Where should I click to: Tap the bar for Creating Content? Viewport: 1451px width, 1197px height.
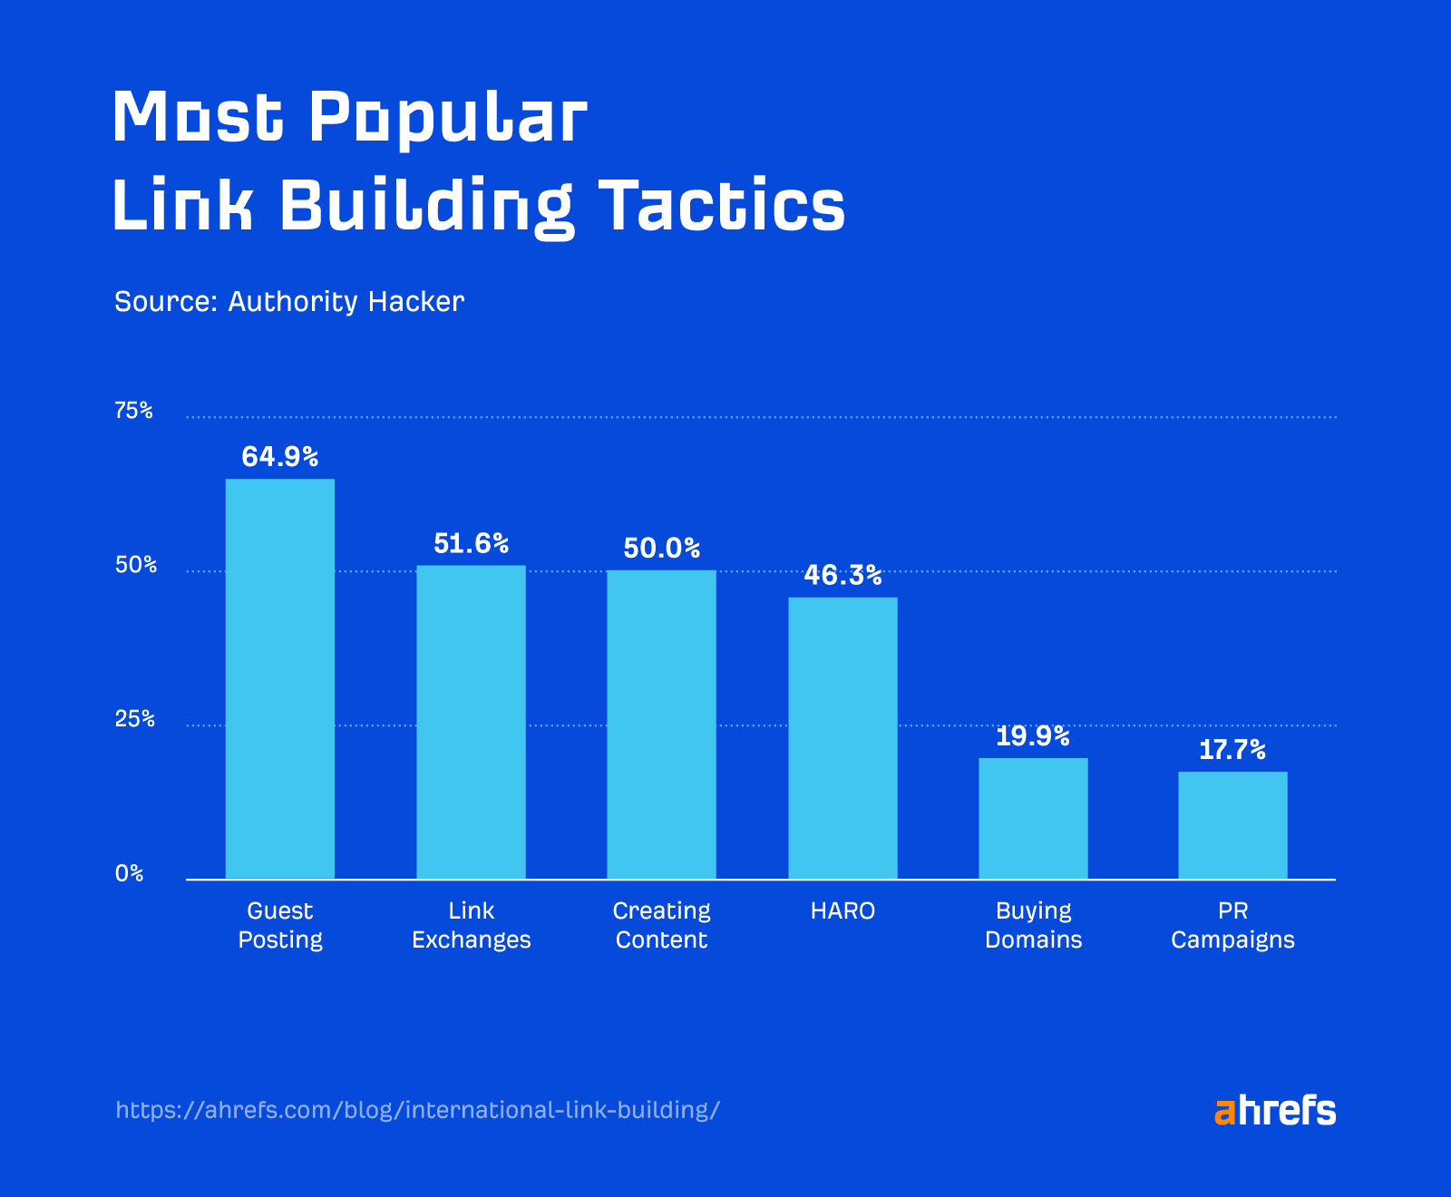pos(661,725)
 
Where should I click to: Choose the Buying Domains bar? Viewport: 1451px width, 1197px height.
pos(1033,818)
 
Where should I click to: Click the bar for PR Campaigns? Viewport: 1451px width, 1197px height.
pos(1232,825)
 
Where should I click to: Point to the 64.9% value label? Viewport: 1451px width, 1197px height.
pos(279,456)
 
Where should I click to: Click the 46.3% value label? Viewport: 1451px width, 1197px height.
pos(842,575)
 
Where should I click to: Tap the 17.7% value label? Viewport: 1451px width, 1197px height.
pos(1232,750)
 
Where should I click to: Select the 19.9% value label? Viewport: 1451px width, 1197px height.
pos(1033,735)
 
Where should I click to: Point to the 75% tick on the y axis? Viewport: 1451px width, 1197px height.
pos(133,411)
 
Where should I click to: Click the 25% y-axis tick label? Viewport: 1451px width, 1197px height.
pos(134,719)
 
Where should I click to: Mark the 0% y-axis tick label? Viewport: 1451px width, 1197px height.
pos(129,873)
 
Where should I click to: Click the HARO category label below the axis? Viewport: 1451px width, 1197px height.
pos(842,910)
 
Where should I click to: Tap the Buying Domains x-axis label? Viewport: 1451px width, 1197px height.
pos(1033,925)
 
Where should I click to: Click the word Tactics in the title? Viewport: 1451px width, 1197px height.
pos(722,206)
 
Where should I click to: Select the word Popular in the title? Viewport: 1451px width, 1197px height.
pos(448,118)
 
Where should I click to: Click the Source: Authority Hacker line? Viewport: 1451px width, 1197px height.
pos(288,301)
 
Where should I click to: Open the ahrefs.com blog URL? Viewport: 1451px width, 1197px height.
pos(418,1110)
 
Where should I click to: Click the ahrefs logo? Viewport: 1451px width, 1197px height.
pos(1274,1110)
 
